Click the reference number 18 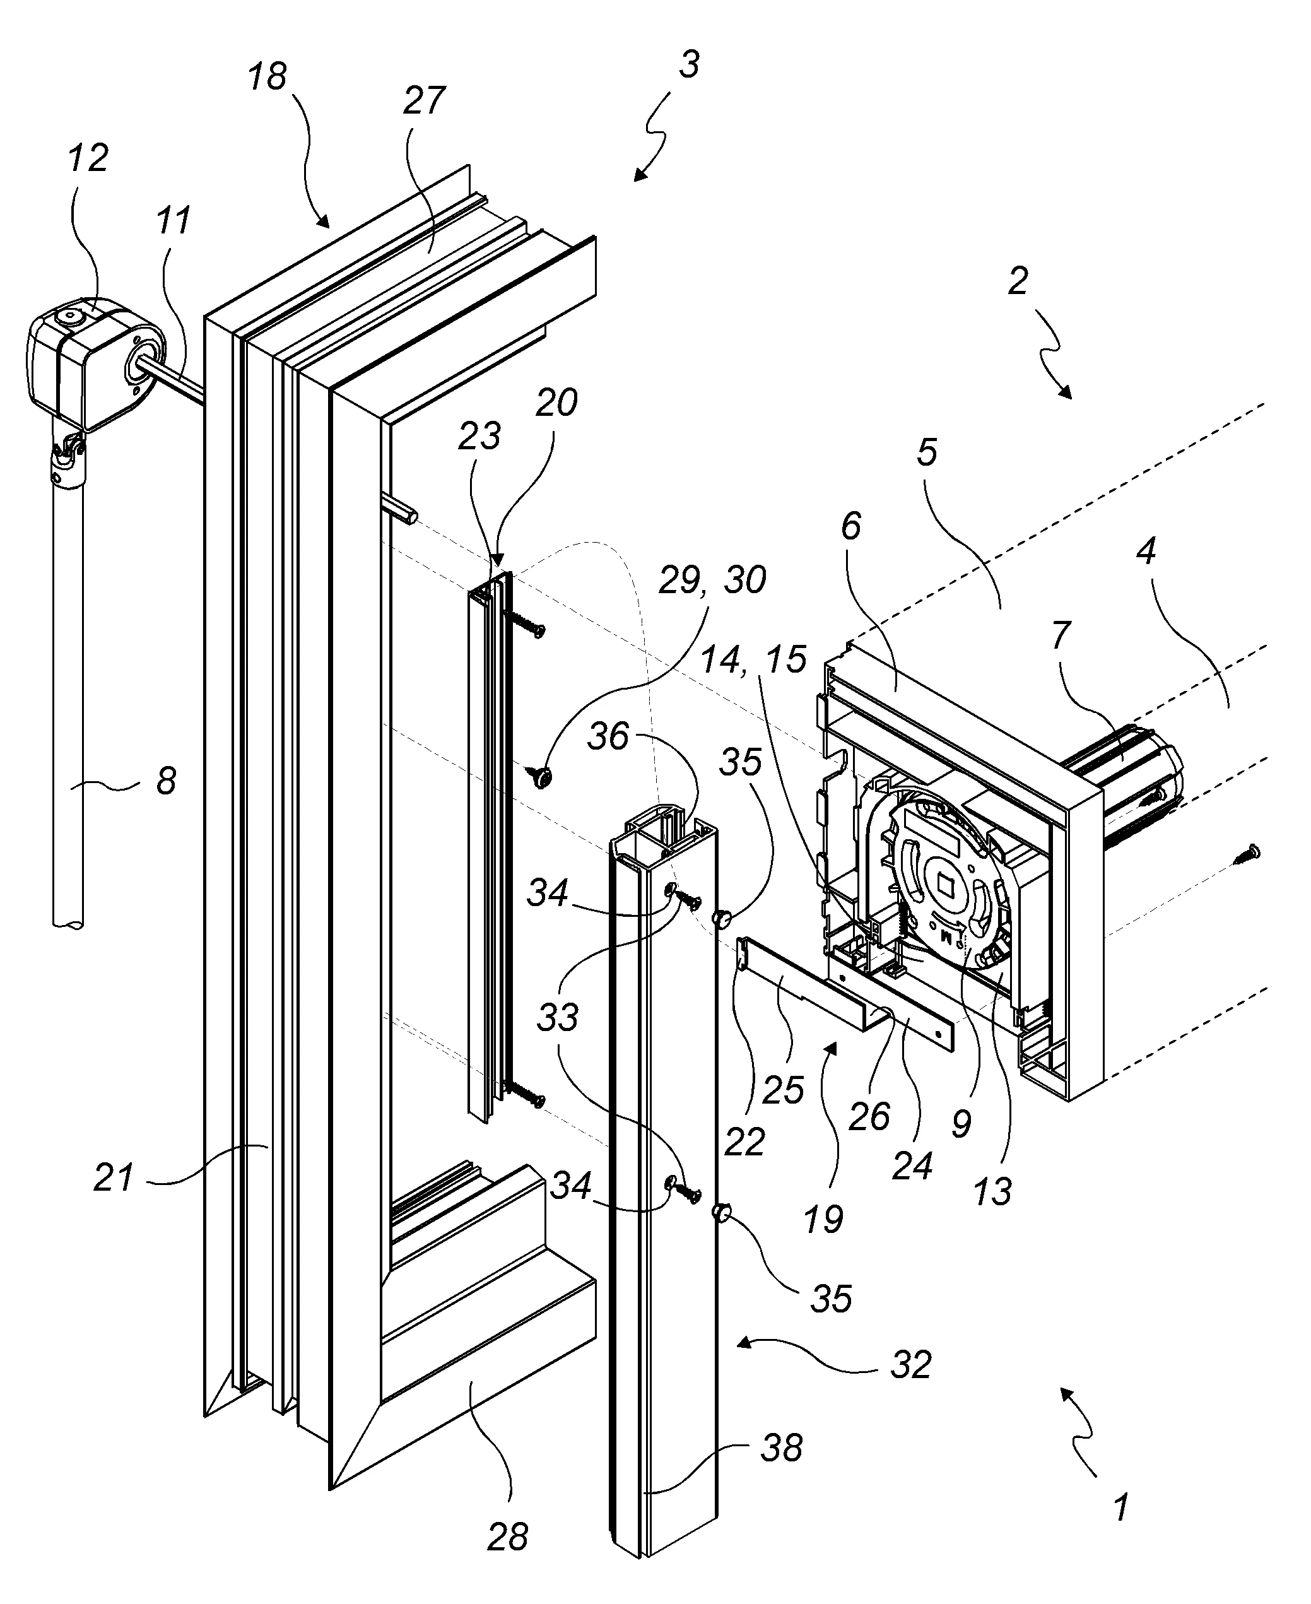(268, 77)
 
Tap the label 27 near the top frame (425, 100)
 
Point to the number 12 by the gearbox (88, 158)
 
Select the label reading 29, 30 (712, 580)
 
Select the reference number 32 (911, 1365)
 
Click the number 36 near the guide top (609, 736)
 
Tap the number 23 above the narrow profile (480, 436)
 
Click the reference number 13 (992, 1193)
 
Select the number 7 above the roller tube (1061, 636)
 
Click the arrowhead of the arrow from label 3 (639, 176)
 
